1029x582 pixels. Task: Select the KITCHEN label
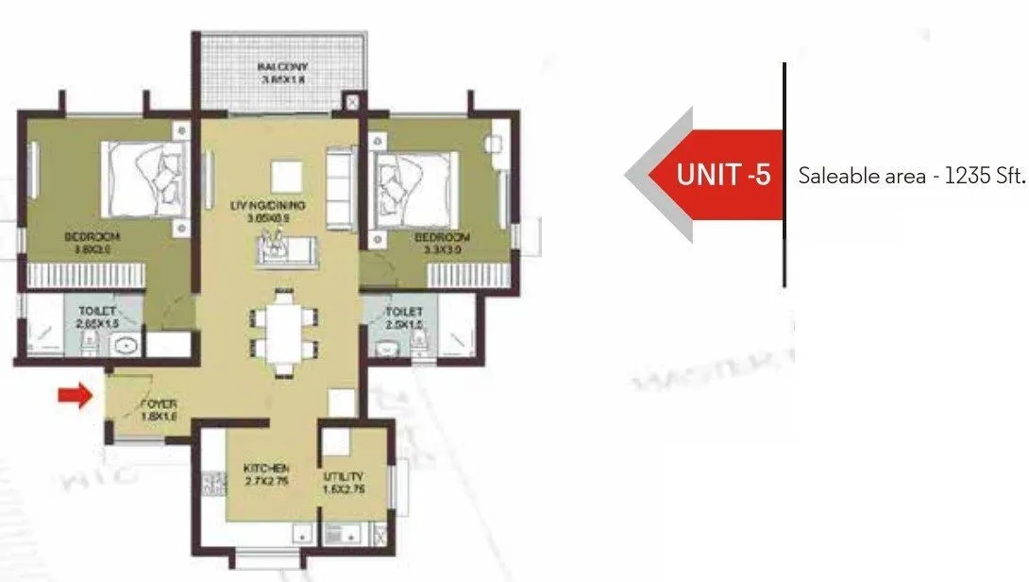(x=265, y=469)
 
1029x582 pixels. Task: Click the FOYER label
(x=159, y=403)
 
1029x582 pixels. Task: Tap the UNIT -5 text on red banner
(x=724, y=176)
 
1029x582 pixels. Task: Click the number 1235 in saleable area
(x=963, y=177)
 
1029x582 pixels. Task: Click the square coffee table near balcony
(x=286, y=176)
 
